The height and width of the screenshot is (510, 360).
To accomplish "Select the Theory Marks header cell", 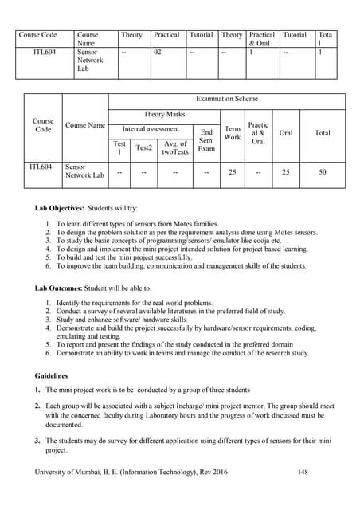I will [165, 115].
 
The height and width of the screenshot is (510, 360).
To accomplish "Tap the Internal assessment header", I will [151, 128].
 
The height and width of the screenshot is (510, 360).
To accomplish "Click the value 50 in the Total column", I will [322, 171].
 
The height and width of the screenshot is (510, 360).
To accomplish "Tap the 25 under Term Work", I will [233, 171].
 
